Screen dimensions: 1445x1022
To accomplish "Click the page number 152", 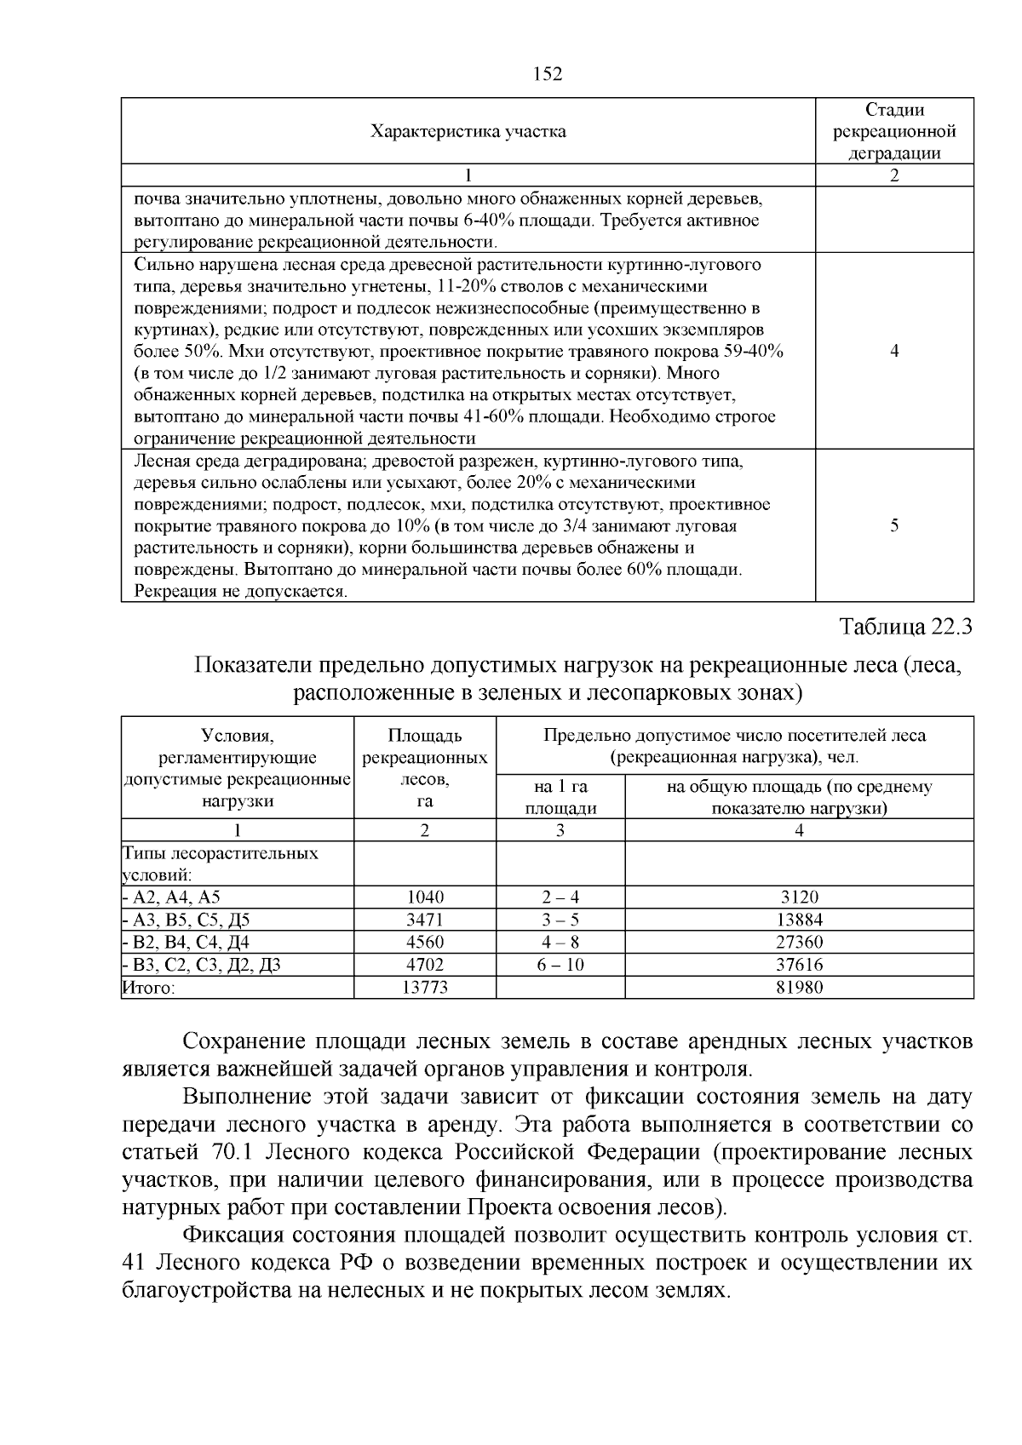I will (548, 75).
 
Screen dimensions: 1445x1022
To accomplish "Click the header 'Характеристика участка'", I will (468, 131).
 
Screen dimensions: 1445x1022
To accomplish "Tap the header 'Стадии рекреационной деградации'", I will (893, 131).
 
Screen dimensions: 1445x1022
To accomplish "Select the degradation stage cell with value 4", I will (894, 351).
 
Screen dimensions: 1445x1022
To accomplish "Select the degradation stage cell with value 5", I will (894, 525).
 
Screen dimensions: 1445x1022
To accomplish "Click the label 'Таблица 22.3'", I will (905, 628).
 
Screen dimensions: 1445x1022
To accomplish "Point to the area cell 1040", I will (425, 897).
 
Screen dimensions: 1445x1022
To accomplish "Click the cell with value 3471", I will (425, 920).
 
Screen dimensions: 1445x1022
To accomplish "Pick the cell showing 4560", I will (425, 942).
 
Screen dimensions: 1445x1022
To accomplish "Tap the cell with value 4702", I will (425, 965).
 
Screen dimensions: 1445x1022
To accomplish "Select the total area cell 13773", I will (425, 987).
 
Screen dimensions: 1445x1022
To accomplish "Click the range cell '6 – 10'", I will (560, 965).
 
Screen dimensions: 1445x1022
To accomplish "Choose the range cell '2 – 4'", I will (560, 897).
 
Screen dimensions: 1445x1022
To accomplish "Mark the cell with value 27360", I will (799, 942).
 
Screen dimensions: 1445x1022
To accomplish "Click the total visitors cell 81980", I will (799, 987).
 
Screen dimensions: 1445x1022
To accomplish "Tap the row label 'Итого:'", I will (149, 988).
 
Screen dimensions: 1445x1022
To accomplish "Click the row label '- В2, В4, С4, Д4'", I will (186, 943).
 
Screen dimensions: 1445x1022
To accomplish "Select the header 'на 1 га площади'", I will (560, 798).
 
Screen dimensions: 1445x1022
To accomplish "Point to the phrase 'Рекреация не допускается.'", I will (241, 591).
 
